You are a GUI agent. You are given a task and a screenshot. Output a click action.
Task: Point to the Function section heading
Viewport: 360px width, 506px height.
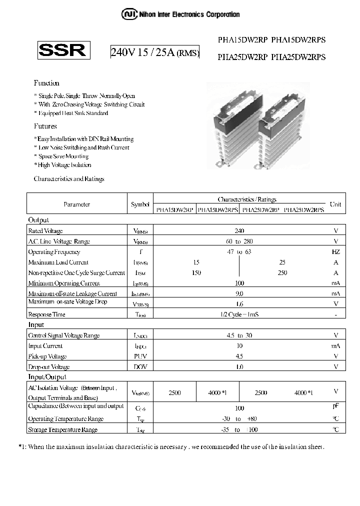tap(46, 83)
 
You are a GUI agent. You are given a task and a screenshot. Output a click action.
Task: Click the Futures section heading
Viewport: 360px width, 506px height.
tap(45, 126)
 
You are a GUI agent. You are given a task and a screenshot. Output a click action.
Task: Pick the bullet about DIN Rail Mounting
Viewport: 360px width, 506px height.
tap(84, 139)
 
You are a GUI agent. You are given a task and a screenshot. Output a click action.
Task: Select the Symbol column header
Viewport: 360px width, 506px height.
tap(140, 204)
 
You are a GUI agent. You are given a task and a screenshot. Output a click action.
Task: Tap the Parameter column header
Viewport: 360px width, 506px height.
tap(76, 204)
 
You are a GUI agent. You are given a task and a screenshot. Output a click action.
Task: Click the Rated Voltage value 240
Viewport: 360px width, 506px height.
tap(239, 230)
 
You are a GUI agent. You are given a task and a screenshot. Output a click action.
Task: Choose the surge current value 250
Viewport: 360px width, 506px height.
tap(282, 273)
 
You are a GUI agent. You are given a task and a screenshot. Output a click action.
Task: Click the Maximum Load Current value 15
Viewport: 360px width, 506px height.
tap(196, 262)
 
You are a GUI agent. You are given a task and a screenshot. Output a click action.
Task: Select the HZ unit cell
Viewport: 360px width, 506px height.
tap(335, 252)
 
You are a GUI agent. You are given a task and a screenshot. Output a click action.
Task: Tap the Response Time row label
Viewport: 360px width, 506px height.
tap(46, 314)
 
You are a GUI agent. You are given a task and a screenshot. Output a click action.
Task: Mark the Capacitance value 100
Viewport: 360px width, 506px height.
tap(239, 408)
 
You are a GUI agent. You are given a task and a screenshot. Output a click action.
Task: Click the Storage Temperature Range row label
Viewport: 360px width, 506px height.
tap(62, 429)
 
